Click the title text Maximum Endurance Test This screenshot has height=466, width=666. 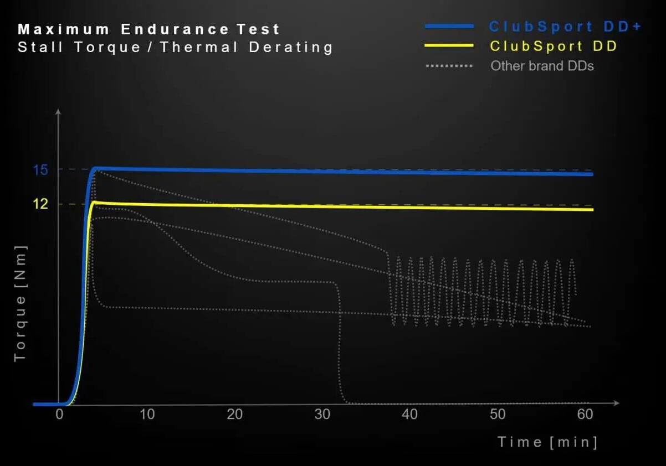pyautogui.click(x=149, y=29)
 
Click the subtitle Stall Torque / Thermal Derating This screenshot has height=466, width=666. pyautogui.click(x=175, y=47)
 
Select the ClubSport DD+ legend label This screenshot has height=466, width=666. pyautogui.click(x=565, y=26)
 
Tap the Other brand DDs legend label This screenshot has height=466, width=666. pyautogui.click(x=542, y=66)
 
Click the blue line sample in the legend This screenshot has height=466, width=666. pyautogui.click(x=449, y=26)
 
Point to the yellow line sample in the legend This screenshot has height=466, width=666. pyautogui.click(x=449, y=45)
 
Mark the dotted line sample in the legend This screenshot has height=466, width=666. pyautogui.click(x=449, y=66)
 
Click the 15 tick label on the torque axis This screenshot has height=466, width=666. pyautogui.click(x=40, y=169)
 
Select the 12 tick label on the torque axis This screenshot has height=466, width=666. pyautogui.click(x=40, y=204)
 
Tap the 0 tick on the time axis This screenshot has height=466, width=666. pyautogui.click(x=59, y=415)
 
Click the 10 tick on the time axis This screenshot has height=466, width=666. pyautogui.click(x=147, y=415)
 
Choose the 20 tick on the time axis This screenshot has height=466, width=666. pyautogui.click(x=234, y=415)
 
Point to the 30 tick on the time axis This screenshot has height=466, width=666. pyautogui.click(x=322, y=415)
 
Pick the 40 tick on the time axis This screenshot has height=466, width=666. pyautogui.click(x=409, y=415)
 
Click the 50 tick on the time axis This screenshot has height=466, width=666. pyautogui.click(x=498, y=415)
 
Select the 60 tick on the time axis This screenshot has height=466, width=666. pyautogui.click(x=585, y=415)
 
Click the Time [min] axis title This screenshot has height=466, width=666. pyautogui.click(x=547, y=442)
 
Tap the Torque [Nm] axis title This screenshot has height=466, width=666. pyautogui.click(x=21, y=303)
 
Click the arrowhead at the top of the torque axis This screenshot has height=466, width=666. pyautogui.click(x=58, y=112)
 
